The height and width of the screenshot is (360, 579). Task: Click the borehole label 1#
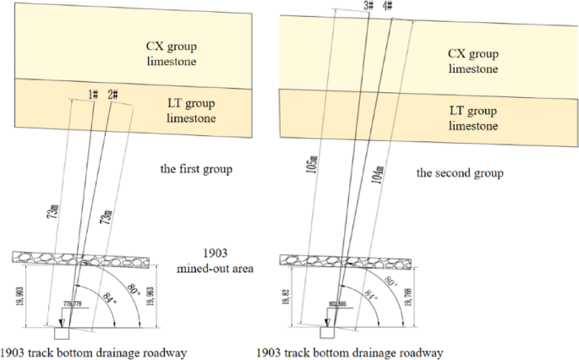point(94,94)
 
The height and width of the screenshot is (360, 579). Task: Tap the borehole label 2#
point(112,94)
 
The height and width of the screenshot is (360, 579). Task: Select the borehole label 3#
point(369,6)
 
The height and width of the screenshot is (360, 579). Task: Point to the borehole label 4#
point(388,6)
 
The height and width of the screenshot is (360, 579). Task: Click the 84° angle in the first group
point(104,297)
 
